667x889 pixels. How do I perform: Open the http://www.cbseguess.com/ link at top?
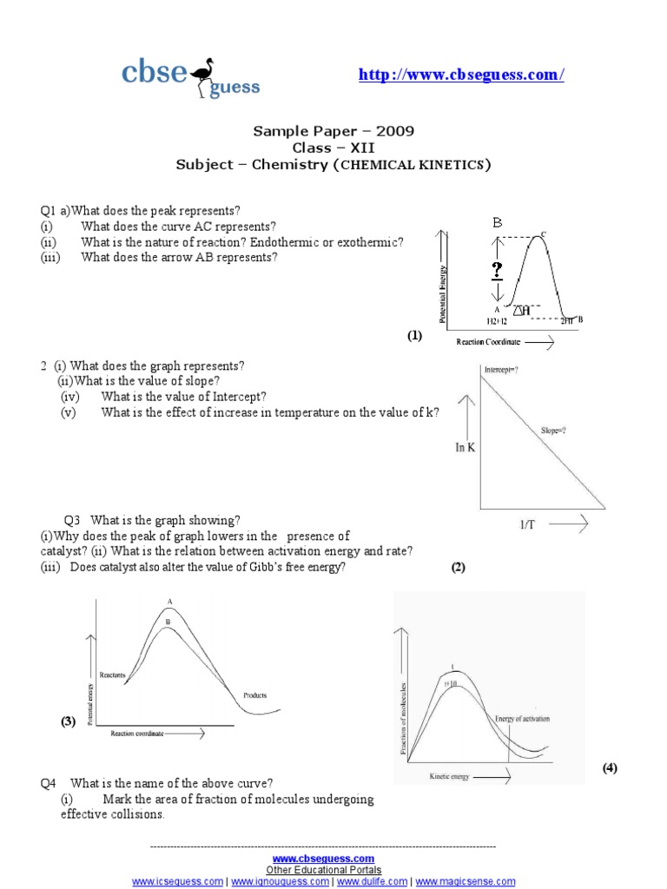pyautogui.click(x=461, y=76)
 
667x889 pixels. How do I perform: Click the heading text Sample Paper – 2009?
pyautogui.click(x=333, y=131)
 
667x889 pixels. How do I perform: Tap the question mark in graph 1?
pyautogui.click(x=497, y=270)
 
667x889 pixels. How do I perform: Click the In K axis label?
pyautogui.click(x=465, y=447)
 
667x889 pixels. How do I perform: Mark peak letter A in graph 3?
pyautogui.click(x=169, y=601)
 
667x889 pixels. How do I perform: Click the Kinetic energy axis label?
pyautogui.click(x=449, y=777)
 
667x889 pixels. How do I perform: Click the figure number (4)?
pyautogui.click(x=611, y=768)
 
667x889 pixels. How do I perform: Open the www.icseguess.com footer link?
pyautogui.click(x=177, y=881)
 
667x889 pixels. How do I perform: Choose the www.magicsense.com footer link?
pyautogui.click(x=466, y=881)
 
